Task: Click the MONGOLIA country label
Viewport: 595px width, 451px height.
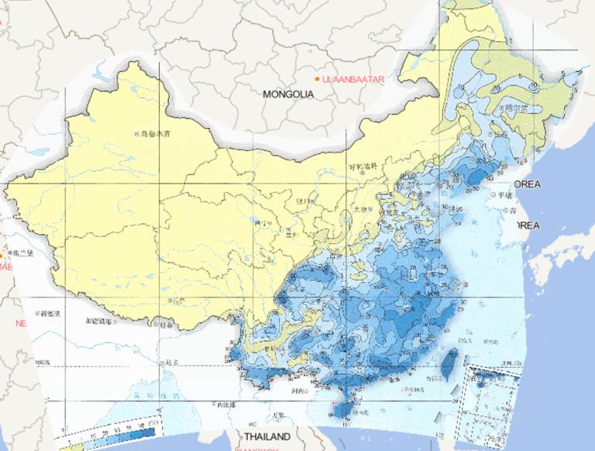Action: point(287,95)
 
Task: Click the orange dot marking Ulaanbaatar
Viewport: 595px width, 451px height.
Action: point(317,78)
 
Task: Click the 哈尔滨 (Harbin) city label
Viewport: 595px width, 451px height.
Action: point(515,108)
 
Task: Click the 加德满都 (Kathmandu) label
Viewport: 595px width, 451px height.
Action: point(98,320)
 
